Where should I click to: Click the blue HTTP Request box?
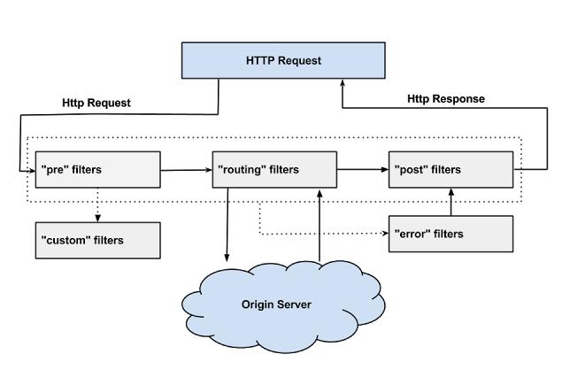pos(283,60)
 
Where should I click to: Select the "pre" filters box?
pos(97,169)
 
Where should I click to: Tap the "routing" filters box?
pos(274,169)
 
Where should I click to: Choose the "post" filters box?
pos(450,169)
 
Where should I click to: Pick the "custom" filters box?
pos(97,240)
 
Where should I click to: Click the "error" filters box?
pos(450,234)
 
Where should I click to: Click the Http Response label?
pos(445,99)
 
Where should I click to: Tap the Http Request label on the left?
pos(96,103)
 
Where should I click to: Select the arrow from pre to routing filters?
pos(187,169)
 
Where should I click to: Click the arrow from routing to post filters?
pos(363,169)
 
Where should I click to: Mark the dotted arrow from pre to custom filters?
pos(97,205)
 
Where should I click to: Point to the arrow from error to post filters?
pos(450,202)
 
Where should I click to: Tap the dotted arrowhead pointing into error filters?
pos(384,234)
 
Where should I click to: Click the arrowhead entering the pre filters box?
pos(30,169)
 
